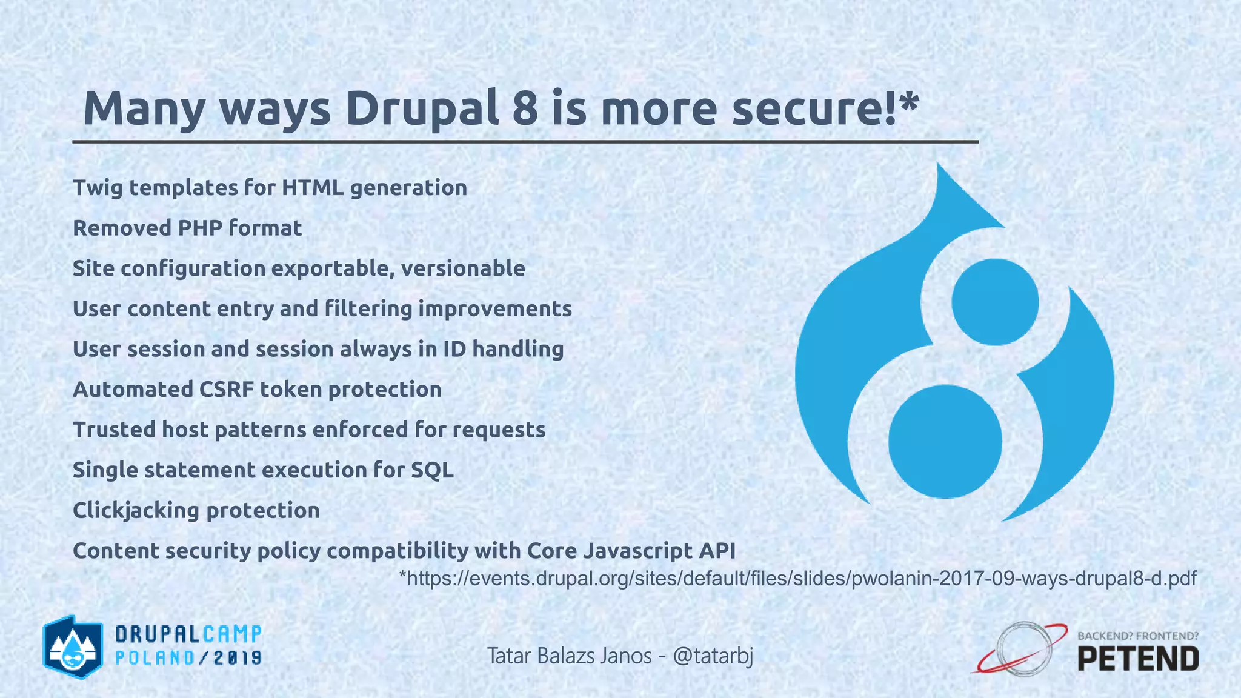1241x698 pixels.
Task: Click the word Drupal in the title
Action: tap(422, 109)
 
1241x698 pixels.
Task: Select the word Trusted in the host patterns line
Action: tap(113, 430)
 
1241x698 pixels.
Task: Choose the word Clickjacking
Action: tap(136, 510)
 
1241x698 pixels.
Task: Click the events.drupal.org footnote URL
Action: tap(797, 579)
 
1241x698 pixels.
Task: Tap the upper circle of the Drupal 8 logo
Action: tap(995, 302)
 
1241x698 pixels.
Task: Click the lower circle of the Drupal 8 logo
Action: tap(945, 442)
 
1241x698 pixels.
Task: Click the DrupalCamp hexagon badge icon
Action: tap(71, 647)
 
